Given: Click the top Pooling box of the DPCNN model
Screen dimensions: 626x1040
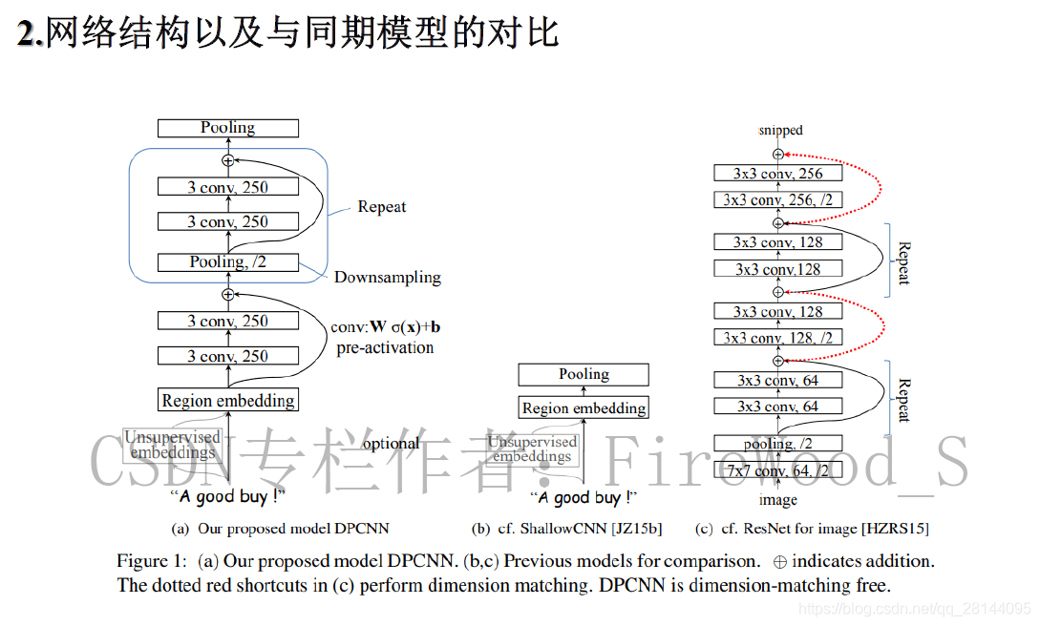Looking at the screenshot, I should click(228, 128).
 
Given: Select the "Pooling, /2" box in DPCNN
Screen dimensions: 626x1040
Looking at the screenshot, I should click(228, 262).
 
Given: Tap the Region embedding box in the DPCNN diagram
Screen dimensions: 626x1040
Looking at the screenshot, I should click(228, 401).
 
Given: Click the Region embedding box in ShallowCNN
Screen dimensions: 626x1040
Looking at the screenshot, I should click(584, 408).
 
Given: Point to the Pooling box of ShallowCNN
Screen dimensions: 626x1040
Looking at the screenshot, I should click(584, 375).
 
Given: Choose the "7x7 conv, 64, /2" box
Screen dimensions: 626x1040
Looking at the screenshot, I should click(777, 470).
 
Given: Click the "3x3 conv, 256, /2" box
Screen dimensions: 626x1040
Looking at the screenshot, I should click(777, 200).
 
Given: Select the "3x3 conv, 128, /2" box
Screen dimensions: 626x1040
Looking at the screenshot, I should click(777, 338).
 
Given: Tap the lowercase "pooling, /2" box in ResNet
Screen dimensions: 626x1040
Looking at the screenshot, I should click(777, 444).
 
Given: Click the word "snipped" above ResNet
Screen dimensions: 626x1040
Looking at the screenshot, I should click(780, 131).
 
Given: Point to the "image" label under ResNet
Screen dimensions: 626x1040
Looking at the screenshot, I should click(777, 499).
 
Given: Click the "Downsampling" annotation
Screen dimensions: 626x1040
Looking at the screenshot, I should click(388, 278).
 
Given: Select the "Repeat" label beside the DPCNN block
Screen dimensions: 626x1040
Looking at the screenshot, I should click(381, 207).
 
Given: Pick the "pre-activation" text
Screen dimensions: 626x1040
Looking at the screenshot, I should click(385, 347).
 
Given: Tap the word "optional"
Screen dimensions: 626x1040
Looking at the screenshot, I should click(391, 444).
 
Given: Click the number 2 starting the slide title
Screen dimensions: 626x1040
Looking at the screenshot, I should click(29, 34).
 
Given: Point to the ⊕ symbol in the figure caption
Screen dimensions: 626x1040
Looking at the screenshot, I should click(779, 561).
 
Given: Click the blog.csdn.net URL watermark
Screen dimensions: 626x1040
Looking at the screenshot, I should click(914, 608).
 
